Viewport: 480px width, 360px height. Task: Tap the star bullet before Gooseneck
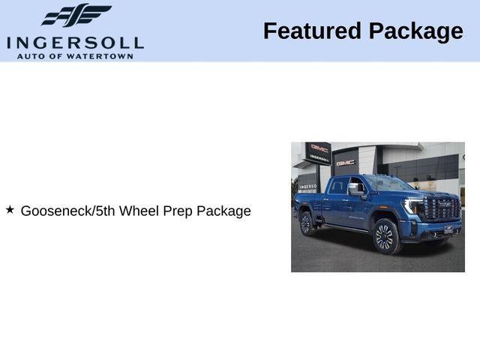click(10, 210)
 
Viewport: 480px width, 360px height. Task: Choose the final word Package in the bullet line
click(223, 211)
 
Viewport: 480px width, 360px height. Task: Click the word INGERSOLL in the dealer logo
click(75, 41)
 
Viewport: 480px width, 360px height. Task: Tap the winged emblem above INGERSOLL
click(76, 16)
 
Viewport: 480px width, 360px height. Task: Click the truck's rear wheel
click(305, 223)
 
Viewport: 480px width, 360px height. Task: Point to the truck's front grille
click(441, 209)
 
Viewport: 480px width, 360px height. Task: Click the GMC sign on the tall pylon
click(319, 148)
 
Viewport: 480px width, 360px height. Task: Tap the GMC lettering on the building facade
click(346, 162)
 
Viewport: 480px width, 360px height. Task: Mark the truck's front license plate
click(448, 230)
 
